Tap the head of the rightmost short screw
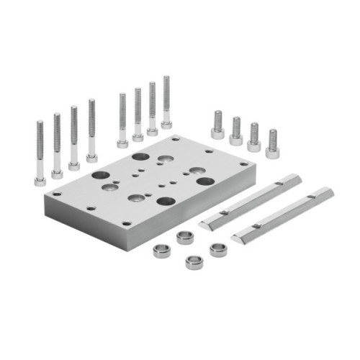(272, 151)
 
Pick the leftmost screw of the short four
(217, 125)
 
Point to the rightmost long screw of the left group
(91, 130)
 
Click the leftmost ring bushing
(161, 251)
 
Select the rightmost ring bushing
(218, 249)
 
